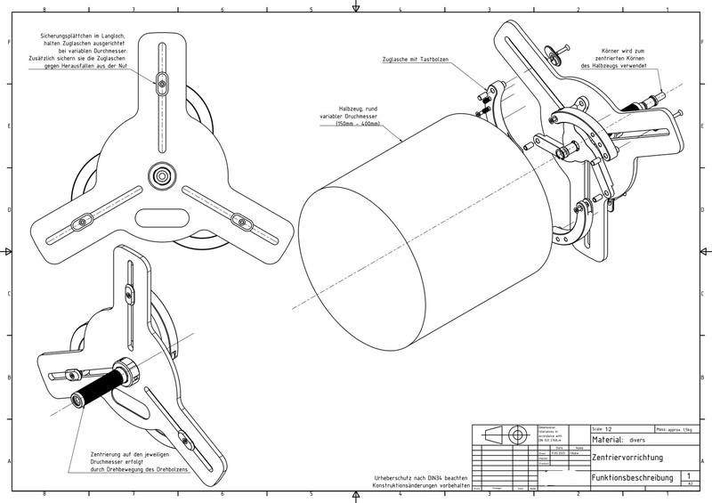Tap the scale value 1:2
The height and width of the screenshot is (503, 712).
609,428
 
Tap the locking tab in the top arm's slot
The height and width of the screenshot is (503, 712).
160,84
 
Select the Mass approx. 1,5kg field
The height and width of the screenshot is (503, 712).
674,428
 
